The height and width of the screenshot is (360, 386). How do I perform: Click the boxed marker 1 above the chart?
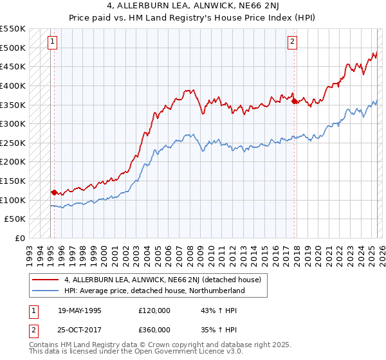point(51,42)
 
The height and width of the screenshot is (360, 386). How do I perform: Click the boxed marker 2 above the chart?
point(292,42)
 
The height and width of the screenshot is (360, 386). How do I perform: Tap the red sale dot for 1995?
point(54,192)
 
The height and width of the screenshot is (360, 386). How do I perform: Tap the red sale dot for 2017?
point(295,100)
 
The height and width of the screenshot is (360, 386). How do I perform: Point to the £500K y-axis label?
point(13,48)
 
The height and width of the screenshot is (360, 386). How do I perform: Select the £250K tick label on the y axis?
point(13,143)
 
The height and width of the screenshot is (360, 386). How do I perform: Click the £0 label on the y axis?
point(20,238)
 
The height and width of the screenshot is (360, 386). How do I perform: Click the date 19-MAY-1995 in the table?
point(80,310)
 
